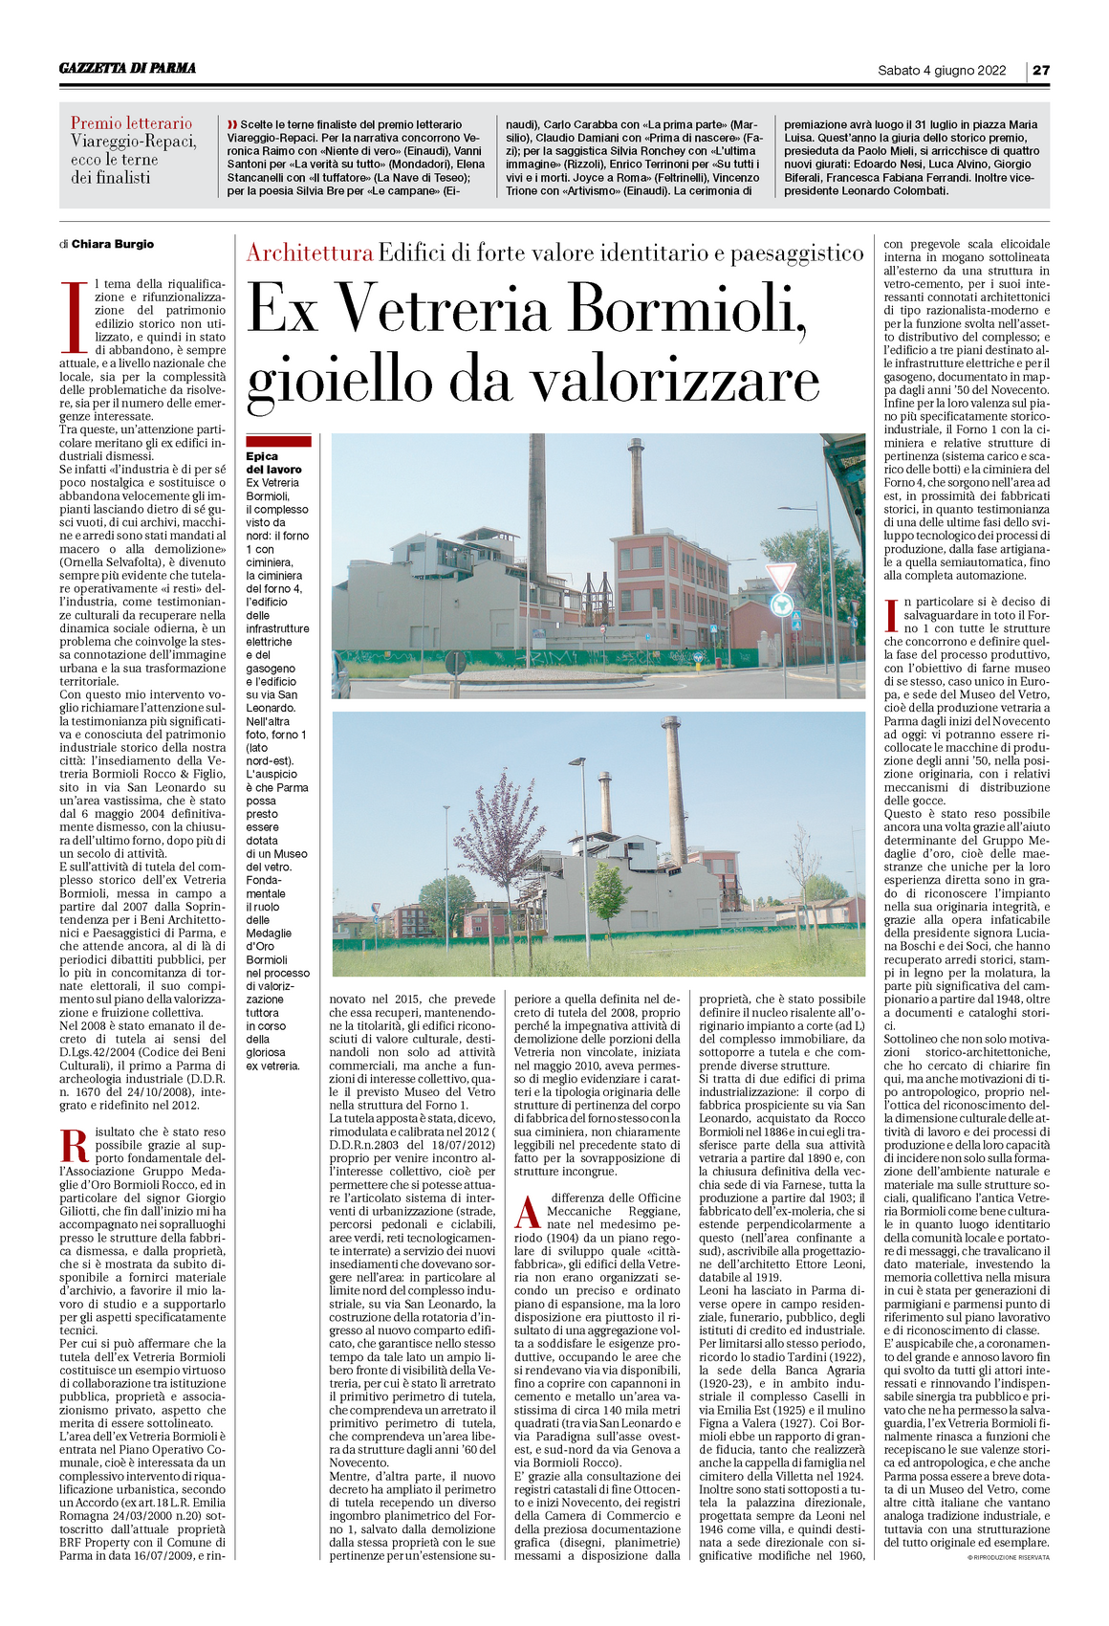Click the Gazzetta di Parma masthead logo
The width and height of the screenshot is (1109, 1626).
point(127,68)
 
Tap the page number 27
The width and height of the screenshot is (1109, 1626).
point(1040,70)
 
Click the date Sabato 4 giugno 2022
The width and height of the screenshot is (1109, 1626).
point(942,70)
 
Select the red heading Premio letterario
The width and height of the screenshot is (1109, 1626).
point(131,123)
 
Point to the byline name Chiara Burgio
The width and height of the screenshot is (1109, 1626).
point(113,244)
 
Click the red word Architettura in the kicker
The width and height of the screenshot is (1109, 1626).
point(309,253)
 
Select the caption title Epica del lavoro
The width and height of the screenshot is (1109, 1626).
point(273,463)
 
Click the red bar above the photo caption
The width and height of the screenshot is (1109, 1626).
point(278,441)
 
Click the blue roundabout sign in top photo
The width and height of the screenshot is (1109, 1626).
point(782,604)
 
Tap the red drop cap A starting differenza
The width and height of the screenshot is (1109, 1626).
point(529,1211)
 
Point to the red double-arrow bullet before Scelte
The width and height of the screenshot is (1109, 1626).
point(232,125)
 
